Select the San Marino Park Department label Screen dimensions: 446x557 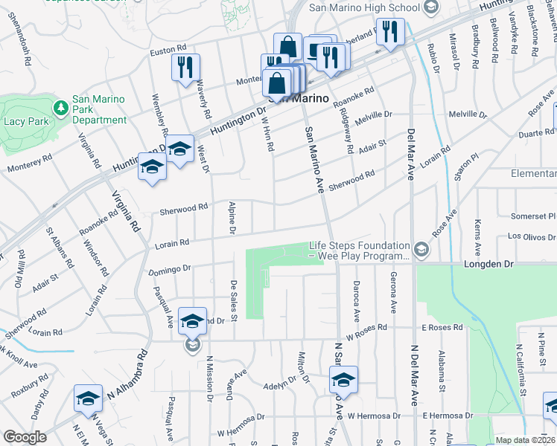tap(99, 109)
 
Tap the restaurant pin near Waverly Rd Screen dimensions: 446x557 tap(185, 68)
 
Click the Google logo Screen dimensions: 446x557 tap(25, 436)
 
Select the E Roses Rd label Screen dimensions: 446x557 tap(442, 327)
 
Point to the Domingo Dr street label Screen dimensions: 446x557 tap(170, 269)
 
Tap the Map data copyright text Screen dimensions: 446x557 tap(525, 440)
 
